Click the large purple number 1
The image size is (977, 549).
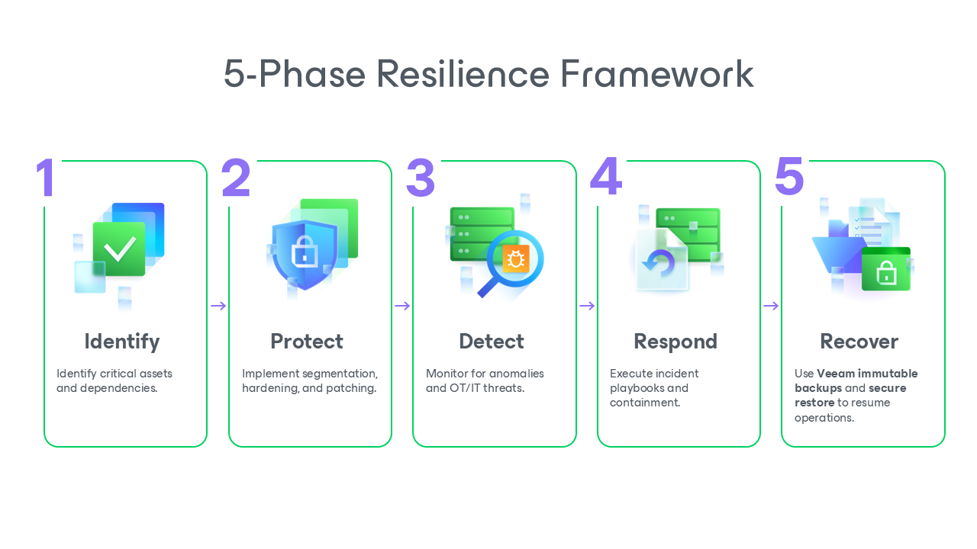click(46, 178)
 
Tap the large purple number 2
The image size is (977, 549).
click(236, 178)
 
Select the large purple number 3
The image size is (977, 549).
click(420, 178)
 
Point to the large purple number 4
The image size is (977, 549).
click(606, 178)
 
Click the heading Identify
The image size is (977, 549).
click(122, 341)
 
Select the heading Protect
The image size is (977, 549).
click(307, 341)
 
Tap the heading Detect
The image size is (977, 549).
click(492, 341)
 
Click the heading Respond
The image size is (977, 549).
click(676, 341)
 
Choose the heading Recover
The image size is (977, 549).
click(859, 341)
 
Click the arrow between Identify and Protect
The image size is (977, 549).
click(218, 306)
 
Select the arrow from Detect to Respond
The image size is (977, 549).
click(587, 306)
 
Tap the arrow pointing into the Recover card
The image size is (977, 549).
click(771, 306)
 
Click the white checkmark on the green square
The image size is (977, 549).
click(119, 249)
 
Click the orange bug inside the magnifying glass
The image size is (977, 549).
click(515, 259)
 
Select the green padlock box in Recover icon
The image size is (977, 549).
click(885, 270)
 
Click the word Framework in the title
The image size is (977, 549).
click(657, 74)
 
